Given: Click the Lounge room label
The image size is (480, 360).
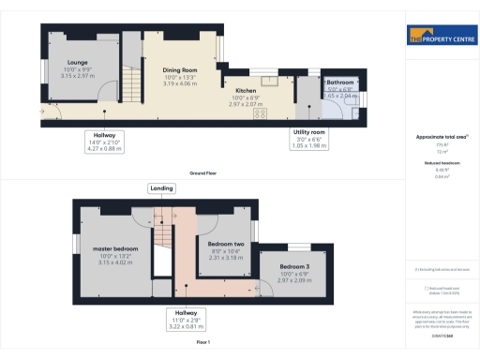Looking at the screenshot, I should pos(77,62).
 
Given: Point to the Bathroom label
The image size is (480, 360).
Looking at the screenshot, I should pos(340,82).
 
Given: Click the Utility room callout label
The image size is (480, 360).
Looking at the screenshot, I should pos(307,133).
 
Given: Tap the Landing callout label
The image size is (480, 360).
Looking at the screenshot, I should pos(161,188).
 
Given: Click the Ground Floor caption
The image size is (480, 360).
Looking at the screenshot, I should pos(202,173).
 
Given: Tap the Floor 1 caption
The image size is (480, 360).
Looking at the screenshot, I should pos(202,343).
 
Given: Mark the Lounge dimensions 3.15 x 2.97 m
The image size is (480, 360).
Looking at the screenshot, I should pos(77,76).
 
